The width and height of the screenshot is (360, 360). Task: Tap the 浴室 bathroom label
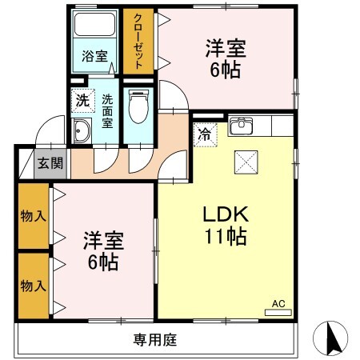[x=95, y=56]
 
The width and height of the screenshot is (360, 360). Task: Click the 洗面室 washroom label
[x=106, y=113]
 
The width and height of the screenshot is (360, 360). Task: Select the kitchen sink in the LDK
[x=241, y=126]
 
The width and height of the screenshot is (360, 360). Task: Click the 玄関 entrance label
[x=50, y=163]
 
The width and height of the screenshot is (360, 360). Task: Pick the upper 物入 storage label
[x=32, y=216]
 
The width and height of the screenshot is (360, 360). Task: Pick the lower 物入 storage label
[x=32, y=285]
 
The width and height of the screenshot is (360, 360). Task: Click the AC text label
[x=278, y=303]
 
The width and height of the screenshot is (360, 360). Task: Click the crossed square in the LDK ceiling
[x=244, y=162]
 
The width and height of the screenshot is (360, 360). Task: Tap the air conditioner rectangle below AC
[x=278, y=313]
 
